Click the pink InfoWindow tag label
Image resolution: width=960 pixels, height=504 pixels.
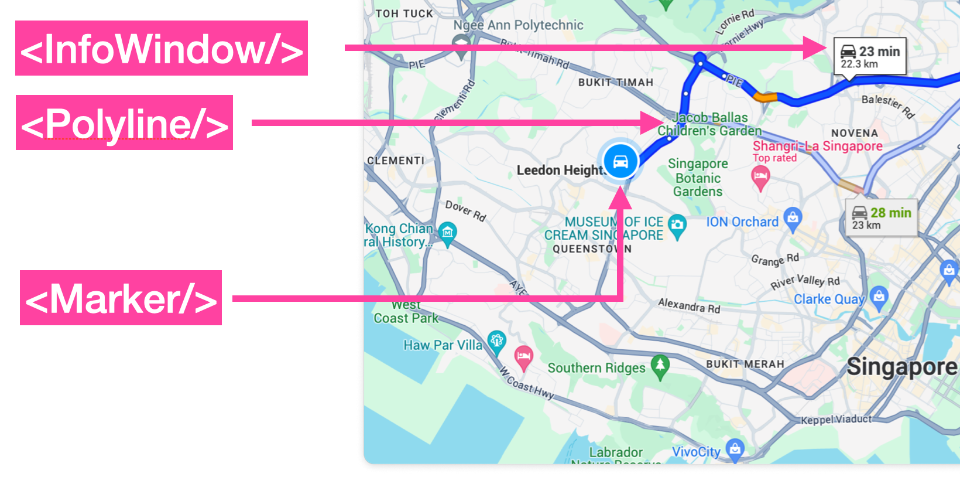[x=162, y=48]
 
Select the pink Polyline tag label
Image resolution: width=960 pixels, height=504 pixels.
[x=124, y=122]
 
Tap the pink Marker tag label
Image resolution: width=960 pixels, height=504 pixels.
[x=121, y=298]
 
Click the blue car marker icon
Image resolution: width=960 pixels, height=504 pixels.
[x=620, y=161]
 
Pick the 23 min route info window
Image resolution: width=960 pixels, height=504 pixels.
[x=870, y=56]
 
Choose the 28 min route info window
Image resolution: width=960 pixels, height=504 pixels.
[x=882, y=217]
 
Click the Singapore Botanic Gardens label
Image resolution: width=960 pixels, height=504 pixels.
[x=698, y=178]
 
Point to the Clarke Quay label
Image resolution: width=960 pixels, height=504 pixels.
[x=829, y=299]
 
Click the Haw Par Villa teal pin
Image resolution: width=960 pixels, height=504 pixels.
[x=496, y=342]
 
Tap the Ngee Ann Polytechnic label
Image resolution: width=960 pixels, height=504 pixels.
[x=518, y=25]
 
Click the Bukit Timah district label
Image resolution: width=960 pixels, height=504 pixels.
[x=615, y=83]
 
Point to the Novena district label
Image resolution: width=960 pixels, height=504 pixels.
[x=855, y=133]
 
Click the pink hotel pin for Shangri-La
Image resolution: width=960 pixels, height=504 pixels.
[x=760, y=176]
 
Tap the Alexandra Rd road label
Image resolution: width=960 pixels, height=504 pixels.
[x=689, y=305]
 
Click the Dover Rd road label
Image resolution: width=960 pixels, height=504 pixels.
[x=465, y=210]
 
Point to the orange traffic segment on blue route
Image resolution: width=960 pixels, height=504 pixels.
[x=764, y=97]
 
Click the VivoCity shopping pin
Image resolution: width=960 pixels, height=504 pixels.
[x=735, y=449]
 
